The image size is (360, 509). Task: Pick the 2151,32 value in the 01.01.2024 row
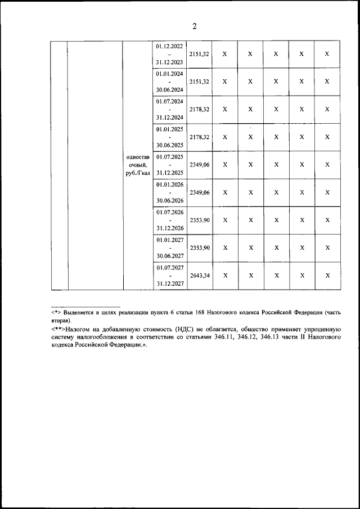pyautogui.click(x=199, y=82)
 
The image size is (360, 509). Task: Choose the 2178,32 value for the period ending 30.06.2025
pyautogui.click(x=199, y=137)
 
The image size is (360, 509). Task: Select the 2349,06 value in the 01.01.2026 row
pyautogui.click(x=199, y=192)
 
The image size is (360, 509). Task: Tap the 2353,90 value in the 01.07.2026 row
pyautogui.click(x=199, y=220)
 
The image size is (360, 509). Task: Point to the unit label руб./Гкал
pyautogui.click(x=138, y=173)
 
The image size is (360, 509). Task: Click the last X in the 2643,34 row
pyautogui.click(x=327, y=276)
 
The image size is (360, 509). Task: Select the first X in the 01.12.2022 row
pyautogui.click(x=224, y=54)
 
